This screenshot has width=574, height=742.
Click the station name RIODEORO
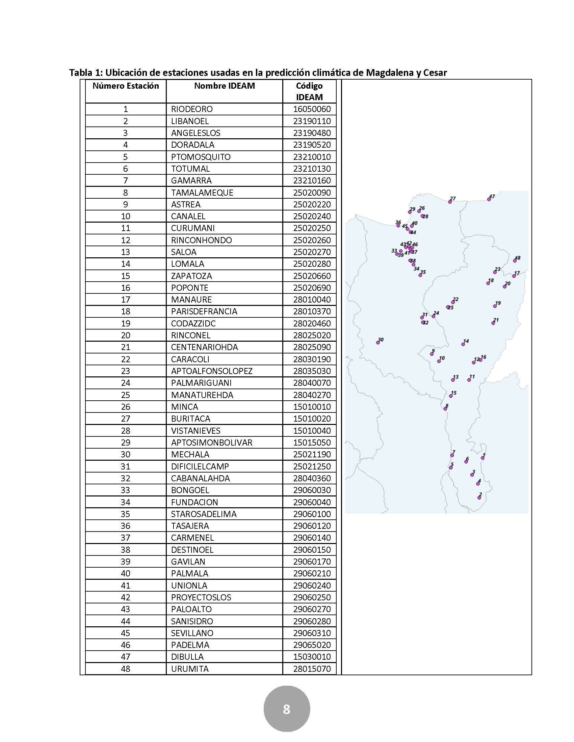click(192, 109)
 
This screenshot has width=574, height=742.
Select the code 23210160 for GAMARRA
click(312, 180)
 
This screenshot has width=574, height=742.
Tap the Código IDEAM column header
click(309, 91)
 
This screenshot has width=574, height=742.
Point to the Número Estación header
click(126, 86)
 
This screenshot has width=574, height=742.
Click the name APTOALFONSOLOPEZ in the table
click(211, 371)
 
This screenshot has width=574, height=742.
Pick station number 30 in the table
click(126, 454)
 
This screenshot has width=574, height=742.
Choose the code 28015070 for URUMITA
click(312, 668)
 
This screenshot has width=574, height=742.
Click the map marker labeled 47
click(489, 199)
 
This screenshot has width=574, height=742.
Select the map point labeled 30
click(378, 342)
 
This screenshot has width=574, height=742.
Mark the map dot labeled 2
click(479, 498)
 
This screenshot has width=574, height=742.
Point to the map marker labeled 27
click(450, 202)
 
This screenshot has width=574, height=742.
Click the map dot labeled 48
click(515, 261)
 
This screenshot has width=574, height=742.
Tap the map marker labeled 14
click(463, 344)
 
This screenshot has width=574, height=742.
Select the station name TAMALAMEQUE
click(202, 193)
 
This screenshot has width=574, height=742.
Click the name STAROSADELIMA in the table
click(203, 514)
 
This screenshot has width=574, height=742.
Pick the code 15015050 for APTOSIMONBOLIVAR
click(312, 443)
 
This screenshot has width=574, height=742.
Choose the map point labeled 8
click(445, 409)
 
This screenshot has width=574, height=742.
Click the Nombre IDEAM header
click(225, 86)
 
